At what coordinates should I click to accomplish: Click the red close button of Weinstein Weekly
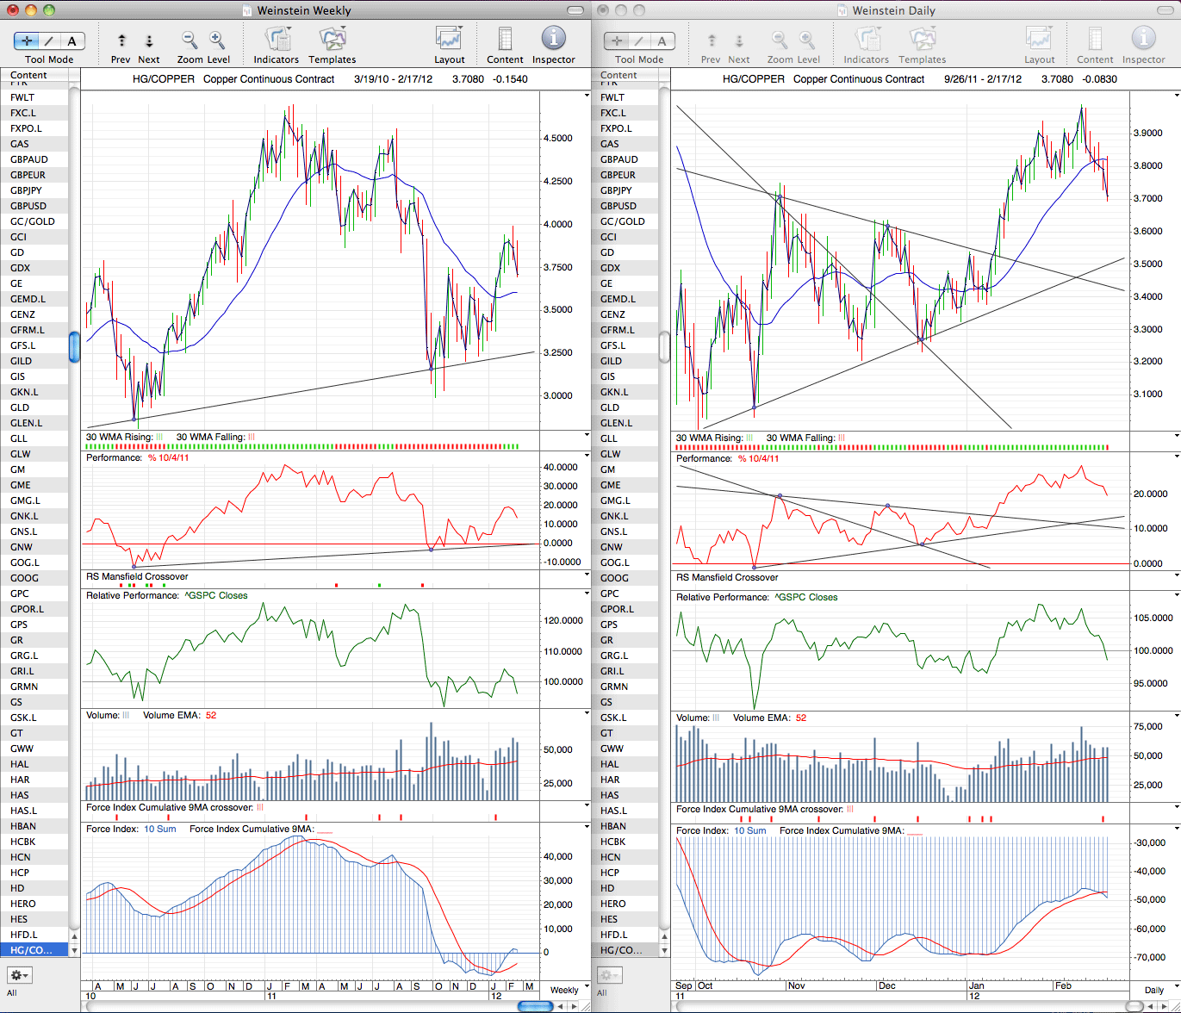(13, 10)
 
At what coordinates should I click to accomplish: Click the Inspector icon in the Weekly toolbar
(553, 39)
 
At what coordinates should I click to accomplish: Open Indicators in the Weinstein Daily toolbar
(867, 40)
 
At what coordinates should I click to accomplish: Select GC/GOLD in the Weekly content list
(33, 221)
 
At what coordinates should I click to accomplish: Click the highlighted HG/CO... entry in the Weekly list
(31, 949)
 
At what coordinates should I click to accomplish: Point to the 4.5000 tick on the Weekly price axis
(557, 139)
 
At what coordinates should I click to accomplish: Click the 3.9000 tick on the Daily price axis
(1147, 134)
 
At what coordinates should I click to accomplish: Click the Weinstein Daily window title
(893, 10)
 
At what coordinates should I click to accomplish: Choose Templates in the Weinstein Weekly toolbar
(333, 40)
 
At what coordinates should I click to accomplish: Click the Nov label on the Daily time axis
(796, 985)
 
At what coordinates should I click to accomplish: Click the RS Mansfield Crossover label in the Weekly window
(137, 576)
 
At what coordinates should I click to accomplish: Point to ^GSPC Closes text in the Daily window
(805, 597)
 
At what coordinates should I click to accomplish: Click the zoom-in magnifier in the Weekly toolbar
(217, 40)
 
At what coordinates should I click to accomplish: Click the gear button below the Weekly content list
(19, 975)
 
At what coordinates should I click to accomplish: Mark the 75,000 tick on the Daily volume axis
(1147, 726)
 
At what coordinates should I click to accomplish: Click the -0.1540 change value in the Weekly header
(510, 79)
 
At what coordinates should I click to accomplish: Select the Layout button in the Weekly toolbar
(449, 40)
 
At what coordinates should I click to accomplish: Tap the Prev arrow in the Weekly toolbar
(121, 40)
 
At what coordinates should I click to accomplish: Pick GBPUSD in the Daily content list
(618, 206)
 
